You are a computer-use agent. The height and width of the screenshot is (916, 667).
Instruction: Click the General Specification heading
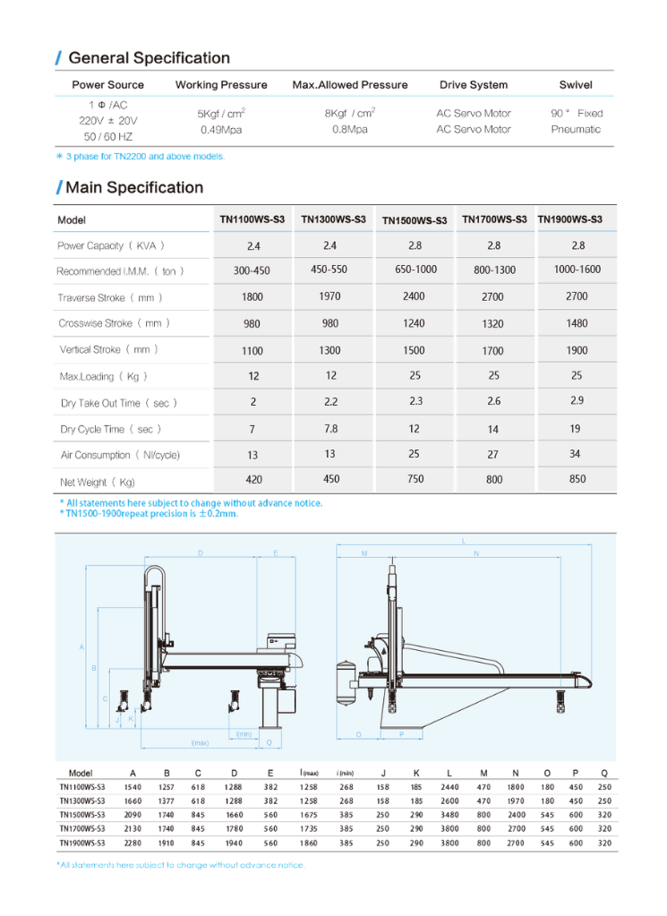point(149,58)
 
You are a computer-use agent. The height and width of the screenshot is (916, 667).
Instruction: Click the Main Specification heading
point(134,187)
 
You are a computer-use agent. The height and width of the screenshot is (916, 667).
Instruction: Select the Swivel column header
point(576,85)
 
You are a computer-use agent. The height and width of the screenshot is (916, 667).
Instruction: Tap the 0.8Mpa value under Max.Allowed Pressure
point(350,129)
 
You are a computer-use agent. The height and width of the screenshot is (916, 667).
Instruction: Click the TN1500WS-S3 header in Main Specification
point(415,220)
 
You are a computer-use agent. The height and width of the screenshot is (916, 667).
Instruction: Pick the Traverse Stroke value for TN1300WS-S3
point(329,296)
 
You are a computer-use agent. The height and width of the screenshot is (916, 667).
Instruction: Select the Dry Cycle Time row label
point(110,430)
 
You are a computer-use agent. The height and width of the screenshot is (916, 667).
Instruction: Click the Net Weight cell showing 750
point(415,479)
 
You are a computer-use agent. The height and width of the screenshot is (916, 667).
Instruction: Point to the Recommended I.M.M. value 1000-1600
point(577,270)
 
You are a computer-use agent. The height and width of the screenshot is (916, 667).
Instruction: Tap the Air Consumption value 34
point(575,454)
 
